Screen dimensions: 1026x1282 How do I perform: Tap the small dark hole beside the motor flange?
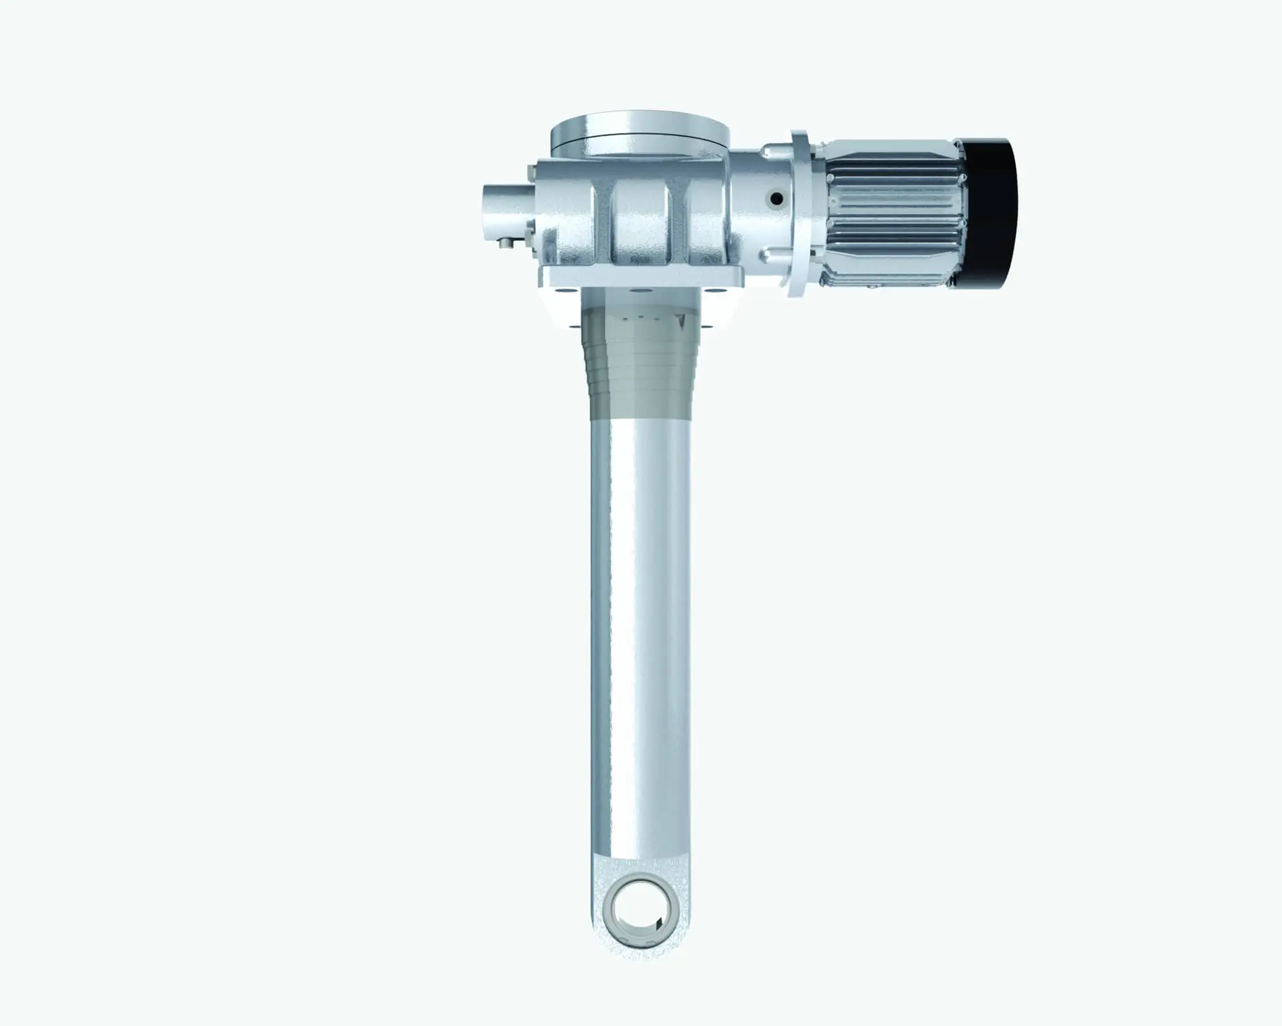click(x=776, y=199)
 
